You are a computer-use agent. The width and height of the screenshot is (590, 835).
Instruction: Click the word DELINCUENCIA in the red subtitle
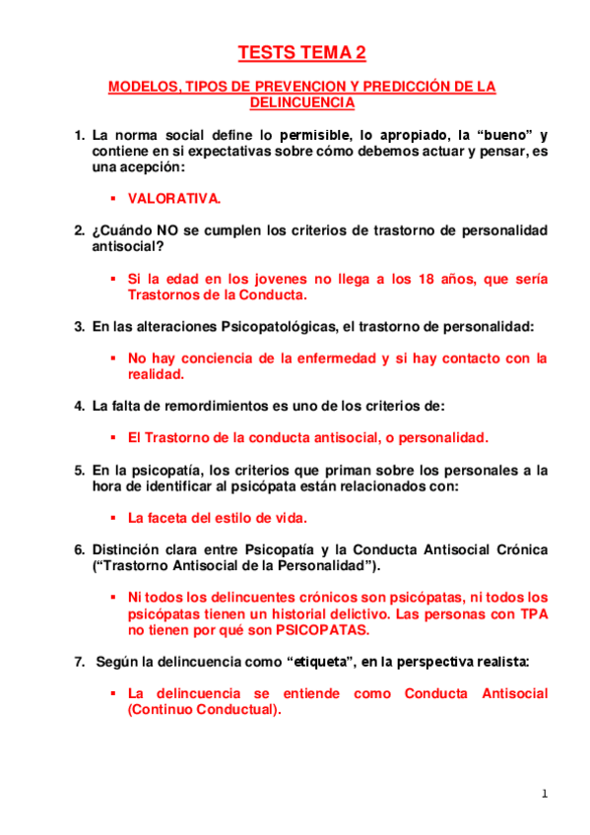tap(301, 102)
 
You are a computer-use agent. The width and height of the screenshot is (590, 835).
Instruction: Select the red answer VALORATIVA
tap(174, 198)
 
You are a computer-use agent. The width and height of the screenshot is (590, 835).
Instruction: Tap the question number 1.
tap(80, 134)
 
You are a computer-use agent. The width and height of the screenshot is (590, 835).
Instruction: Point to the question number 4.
tap(80, 405)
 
